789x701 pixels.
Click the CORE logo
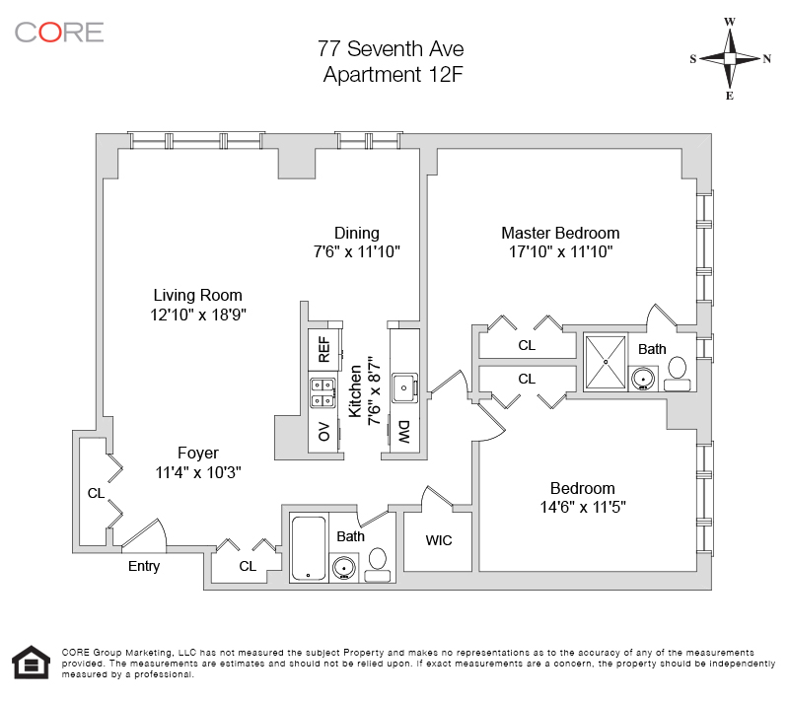(59, 32)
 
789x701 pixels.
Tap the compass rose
(730, 58)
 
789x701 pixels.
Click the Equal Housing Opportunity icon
(30, 664)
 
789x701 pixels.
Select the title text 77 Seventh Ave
(391, 48)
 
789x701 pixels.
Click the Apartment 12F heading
(391, 74)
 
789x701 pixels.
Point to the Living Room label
(197, 295)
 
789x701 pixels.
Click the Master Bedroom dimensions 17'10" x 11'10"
(560, 252)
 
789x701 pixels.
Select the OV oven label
(323, 431)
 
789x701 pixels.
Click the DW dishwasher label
(404, 431)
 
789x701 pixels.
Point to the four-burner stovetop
(323, 392)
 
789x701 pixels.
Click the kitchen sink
(403, 388)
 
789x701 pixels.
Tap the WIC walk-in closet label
(439, 540)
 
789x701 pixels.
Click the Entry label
(144, 567)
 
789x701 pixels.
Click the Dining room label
(356, 234)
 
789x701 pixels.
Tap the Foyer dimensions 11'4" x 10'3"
(197, 472)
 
